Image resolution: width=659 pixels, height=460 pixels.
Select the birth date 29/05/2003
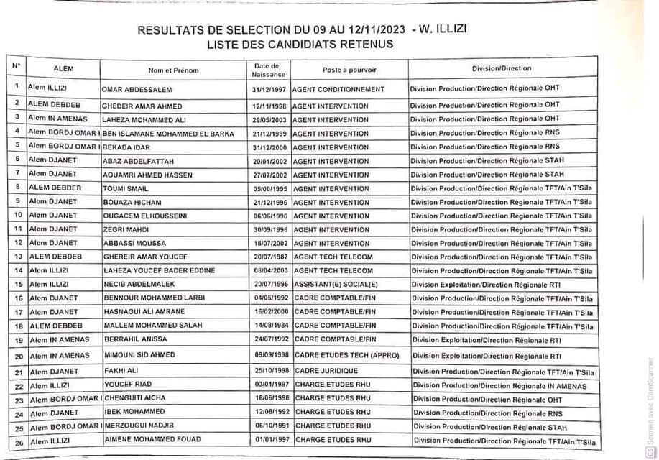point(269,119)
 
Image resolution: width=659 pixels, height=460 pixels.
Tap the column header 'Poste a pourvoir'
point(350,70)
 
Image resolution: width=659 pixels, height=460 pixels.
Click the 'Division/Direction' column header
point(502,69)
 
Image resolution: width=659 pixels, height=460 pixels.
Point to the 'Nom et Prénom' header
point(173,70)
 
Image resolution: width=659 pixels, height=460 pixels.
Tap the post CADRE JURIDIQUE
point(326,371)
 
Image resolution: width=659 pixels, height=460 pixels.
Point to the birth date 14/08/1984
point(269,326)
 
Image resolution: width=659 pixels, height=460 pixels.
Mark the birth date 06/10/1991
point(269,427)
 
